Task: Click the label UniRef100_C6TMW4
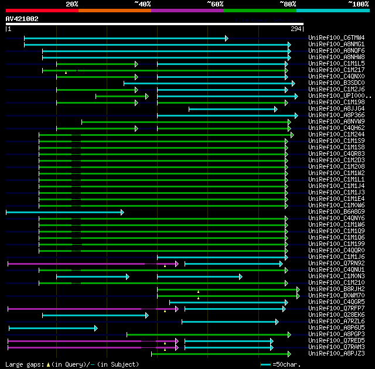coord(336,38)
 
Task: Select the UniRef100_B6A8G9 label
coord(336,212)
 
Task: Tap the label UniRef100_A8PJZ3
coord(336,354)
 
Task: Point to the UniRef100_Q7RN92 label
coord(336,264)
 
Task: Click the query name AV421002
coord(22,19)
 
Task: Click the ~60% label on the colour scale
coord(215,4)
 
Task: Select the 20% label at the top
coord(71,4)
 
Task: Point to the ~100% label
coord(358,4)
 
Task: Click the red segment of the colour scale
coord(42,11)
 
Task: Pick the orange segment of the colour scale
coord(114,11)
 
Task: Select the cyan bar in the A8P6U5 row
coord(53,328)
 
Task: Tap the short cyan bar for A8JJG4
coord(232,109)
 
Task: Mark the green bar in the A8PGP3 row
coord(208,334)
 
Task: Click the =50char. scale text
coord(287,364)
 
